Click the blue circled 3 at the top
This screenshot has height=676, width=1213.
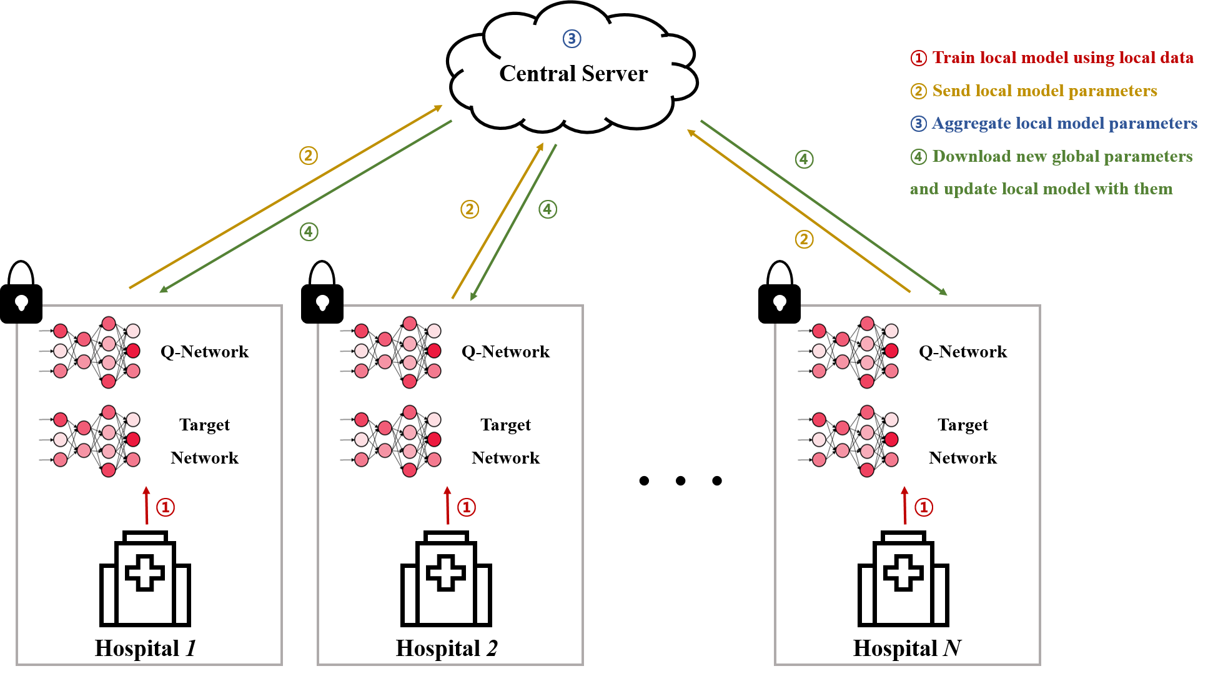pyautogui.click(x=572, y=39)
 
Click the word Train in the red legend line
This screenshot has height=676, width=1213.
pyautogui.click(x=954, y=57)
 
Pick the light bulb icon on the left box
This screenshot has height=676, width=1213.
pyautogui.click(x=22, y=303)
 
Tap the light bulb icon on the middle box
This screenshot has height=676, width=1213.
pyautogui.click(x=323, y=303)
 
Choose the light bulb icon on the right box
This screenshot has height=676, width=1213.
pyautogui.click(x=780, y=303)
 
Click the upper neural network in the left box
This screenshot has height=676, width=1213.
pyautogui.click(x=89, y=352)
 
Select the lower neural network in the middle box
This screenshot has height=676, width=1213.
pyautogui.click(x=390, y=441)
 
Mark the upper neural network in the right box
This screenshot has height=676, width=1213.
pyautogui.click(x=847, y=352)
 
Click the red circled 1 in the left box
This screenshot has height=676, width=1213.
pyautogui.click(x=166, y=507)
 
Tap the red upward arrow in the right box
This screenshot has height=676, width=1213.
pyautogui.click(x=904, y=505)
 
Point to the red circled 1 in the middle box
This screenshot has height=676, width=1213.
pyautogui.click(x=467, y=507)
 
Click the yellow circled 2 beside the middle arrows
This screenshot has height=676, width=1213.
pyautogui.click(x=470, y=209)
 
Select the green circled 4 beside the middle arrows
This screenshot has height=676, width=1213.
pyautogui.click(x=548, y=209)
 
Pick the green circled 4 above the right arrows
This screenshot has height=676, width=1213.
pyautogui.click(x=804, y=159)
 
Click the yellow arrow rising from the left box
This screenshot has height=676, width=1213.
pyautogui.click(x=285, y=197)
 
